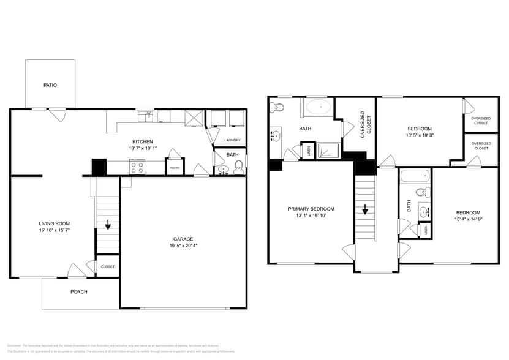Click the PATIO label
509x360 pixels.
click(x=50, y=85)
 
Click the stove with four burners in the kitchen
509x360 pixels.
click(x=137, y=166)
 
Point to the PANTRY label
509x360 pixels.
click(x=174, y=167)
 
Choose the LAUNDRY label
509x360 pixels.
click(x=232, y=140)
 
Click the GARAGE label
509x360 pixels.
click(x=183, y=239)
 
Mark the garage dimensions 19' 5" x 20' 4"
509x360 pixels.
click(x=183, y=246)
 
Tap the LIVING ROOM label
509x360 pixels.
click(x=55, y=223)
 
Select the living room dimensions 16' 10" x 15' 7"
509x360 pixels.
click(x=55, y=231)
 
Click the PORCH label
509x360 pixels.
click(x=79, y=292)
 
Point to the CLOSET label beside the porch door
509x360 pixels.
click(x=108, y=267)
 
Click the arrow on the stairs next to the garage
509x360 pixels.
click(x=108, y=225)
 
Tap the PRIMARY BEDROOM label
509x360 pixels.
click(x=311, y=209)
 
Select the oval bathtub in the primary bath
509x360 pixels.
click(x=319, y=108)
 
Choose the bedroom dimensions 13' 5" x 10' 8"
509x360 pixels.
click(x=420, y=136)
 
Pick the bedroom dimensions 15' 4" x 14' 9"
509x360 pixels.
click(x=467, y=219)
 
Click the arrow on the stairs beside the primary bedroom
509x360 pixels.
click(x=365, y=211)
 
